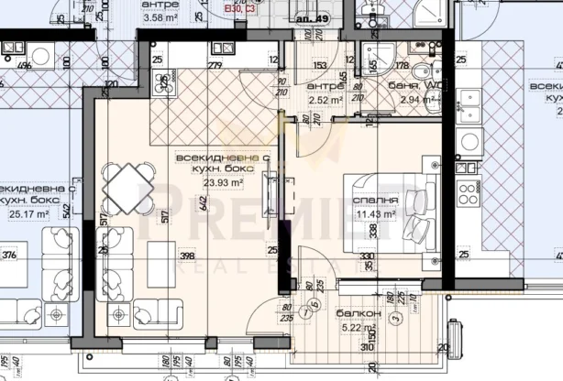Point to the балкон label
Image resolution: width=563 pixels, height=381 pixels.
pos(364,312)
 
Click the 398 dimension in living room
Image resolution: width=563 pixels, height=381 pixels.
pos(188,256)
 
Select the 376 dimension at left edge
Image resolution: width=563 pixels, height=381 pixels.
pos(9,256)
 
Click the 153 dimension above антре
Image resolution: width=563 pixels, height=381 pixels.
pos(320,65)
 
